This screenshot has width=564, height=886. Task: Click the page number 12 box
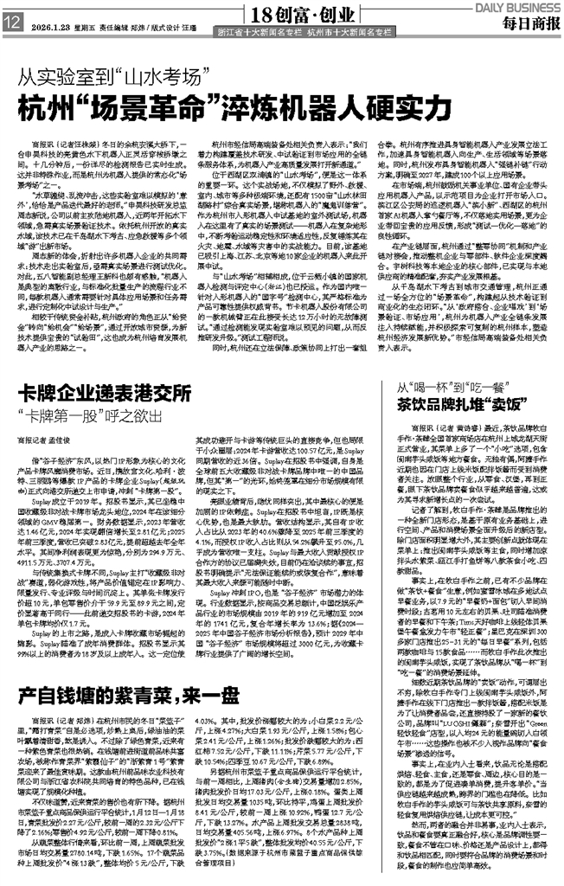tap(11, 25)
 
